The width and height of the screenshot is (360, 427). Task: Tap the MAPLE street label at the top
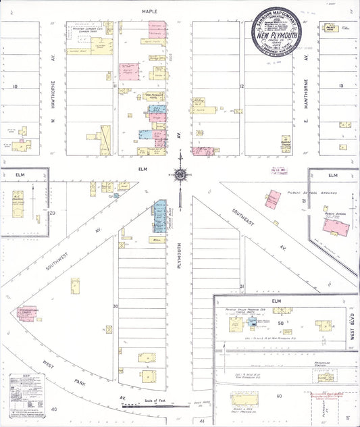[x=149, y=11]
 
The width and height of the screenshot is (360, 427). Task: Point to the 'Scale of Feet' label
[x=155, y=401]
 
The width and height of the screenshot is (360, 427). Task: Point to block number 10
[x=15, y=86]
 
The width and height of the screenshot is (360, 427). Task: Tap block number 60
[x=278, y=396]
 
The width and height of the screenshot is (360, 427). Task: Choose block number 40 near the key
[x=54, y=410]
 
